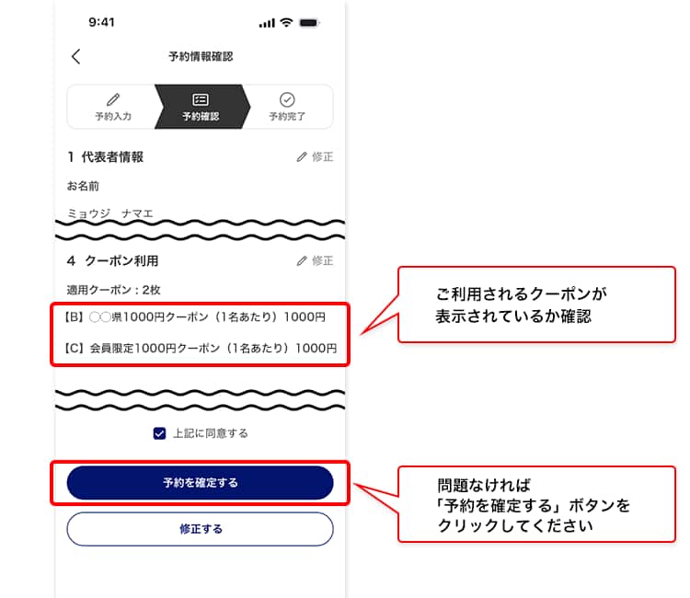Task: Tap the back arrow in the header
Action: point(76,56)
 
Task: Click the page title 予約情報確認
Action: point(201,56)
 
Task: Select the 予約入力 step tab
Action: point(113,107)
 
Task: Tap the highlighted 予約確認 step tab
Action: point(201,107)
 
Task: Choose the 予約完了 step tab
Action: point(287,107)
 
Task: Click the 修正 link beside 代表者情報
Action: point(315,156)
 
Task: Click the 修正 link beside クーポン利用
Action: point(315,261)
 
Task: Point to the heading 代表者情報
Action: point(112,157)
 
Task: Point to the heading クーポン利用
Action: point(121,261)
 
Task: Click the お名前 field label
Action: point(83,186)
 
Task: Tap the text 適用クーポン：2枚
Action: point(113,290)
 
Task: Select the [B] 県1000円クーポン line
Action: point(195,316)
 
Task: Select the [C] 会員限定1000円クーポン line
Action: point(201,348)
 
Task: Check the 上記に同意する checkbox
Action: point(160,433)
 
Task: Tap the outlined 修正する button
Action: point(201,529)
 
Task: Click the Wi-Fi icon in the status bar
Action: point(286,22)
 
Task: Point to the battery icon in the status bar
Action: point(309,22)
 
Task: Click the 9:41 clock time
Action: point(101,22)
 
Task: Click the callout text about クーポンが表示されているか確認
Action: point(522,305)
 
